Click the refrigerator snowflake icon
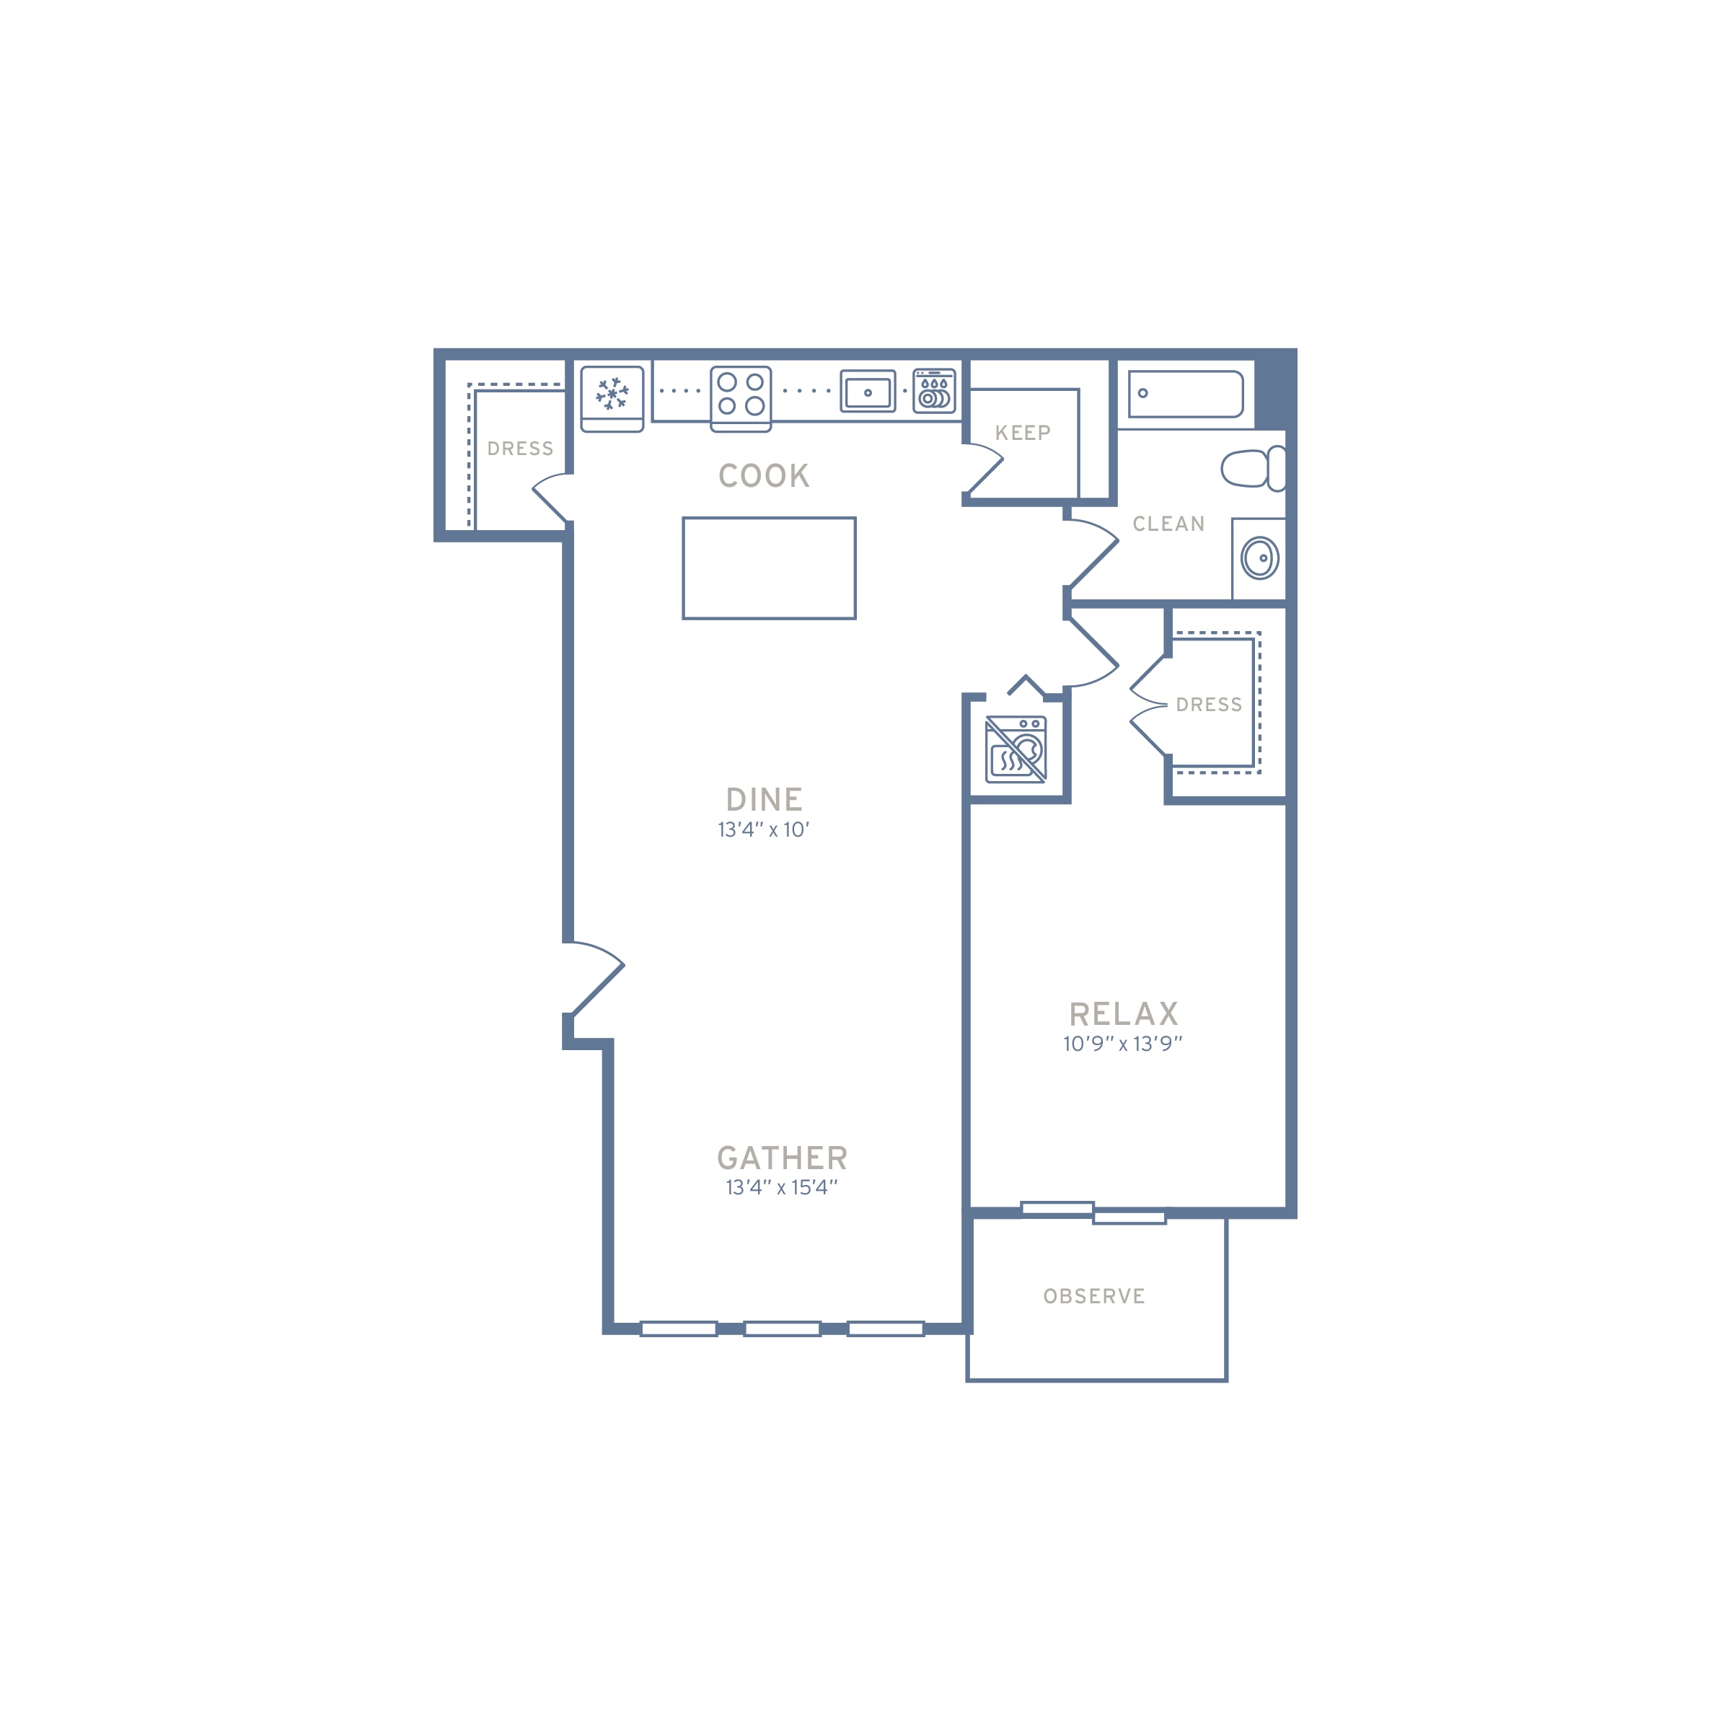click(612, 395)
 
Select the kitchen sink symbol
click(867, 392)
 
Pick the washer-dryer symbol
click(1016, 750)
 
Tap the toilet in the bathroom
click(1254, 469)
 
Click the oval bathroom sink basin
click(1260, 558)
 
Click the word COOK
click(765, 476)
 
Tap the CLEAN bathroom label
click(1168, 524)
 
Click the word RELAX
click(1124, 1014)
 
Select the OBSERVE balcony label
click(1094, 1297)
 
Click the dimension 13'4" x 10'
click(763, 829)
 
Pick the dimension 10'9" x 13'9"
click(1123, 1044)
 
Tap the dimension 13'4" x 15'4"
click(781, 1188)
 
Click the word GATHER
click(782, 1158)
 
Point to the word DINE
click(765, 800)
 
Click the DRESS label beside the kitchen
click(521, 449)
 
